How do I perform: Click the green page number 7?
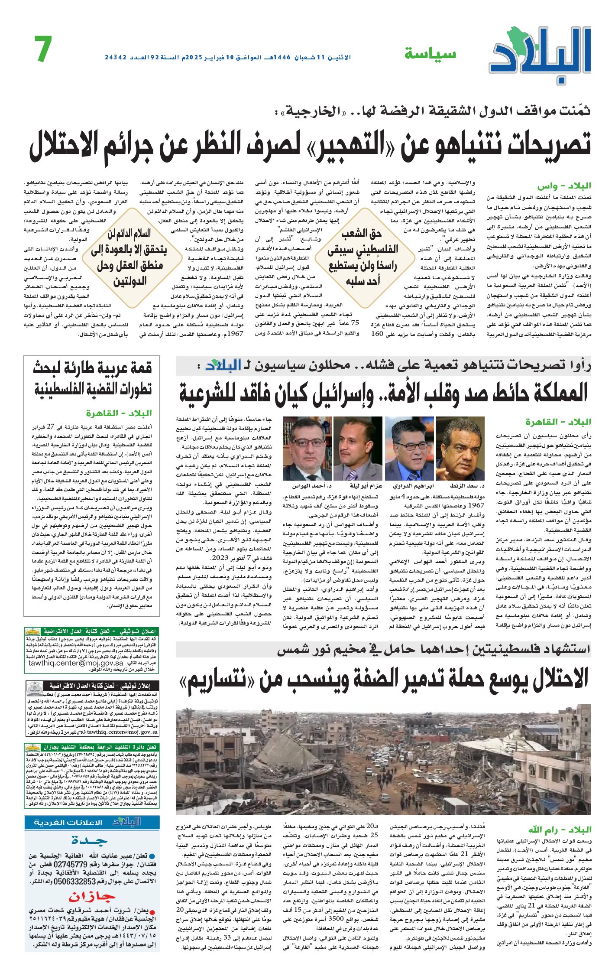(x=43, y=49)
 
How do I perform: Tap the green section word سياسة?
(x=430, y=54)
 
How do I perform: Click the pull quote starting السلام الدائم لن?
(x=129, y=257)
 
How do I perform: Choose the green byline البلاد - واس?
(x=564, y=186)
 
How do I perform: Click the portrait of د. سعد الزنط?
(x=460, y=449)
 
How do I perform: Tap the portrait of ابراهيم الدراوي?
(x=409, y=449)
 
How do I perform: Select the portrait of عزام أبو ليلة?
(x=358, y=449)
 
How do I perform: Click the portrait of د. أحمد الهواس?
(x=307, y=449)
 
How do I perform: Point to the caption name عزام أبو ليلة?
(x=358, y=486)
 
